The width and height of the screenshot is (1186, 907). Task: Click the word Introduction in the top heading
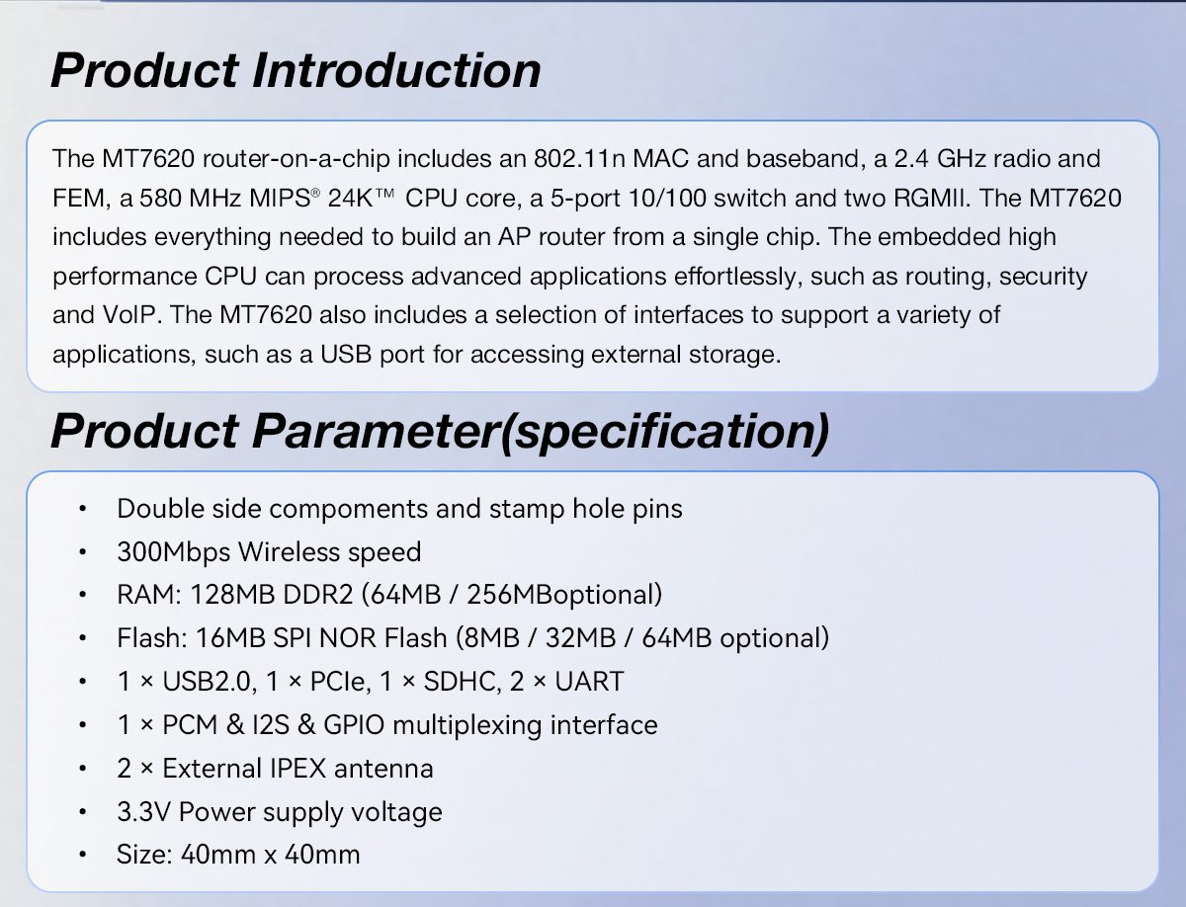[x=396, y=70]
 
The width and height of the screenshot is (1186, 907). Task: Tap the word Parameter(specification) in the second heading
[x=541, y=432]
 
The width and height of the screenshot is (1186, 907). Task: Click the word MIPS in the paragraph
[x=280, y=199]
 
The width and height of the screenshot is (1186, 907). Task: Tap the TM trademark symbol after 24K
[x=384, y=193]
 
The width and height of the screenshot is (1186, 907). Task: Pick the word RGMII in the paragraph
[x=930, y=199]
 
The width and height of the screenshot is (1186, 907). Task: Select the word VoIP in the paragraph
[x=131, y=315]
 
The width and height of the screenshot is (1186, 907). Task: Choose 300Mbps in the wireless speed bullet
[x=173, y=552]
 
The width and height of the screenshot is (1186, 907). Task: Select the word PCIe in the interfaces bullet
[x=340, y=682]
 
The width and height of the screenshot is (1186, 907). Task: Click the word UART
[x=589, y=682]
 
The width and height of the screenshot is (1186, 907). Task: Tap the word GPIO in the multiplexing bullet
[x=354, y=725]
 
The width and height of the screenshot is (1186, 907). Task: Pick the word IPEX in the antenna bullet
[x=297, y=769]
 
